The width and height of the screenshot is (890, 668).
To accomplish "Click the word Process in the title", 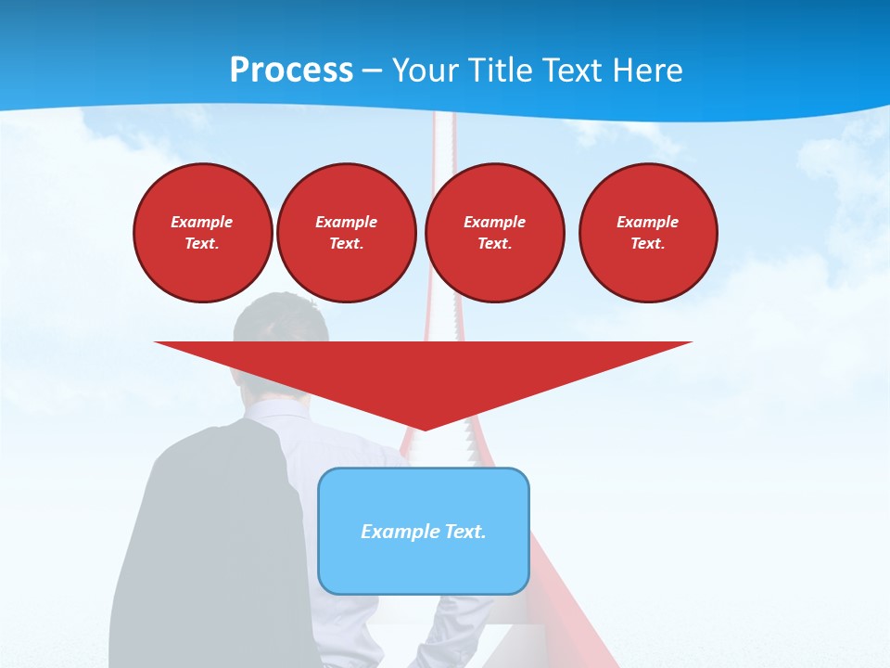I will pyautogui.click(x=291, y=71).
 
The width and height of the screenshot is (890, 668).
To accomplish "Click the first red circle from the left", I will pyautogui.click(x=202, y=233).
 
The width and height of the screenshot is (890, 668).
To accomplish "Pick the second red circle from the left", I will pyautogui.click(x=346, y=233).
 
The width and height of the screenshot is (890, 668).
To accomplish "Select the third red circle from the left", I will pyautogui.click(x=494, y=233).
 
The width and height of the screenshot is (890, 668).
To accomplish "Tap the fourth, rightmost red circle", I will pyautogui.click(x=648, y=233).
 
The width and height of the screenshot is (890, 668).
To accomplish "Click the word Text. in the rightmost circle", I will pyautogui.click(x=648, y=244).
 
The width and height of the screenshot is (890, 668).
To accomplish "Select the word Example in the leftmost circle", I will pyautogui.click(x=202, y=222).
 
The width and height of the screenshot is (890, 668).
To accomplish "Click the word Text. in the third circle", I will pyautogui.click(x=494, y=244).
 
